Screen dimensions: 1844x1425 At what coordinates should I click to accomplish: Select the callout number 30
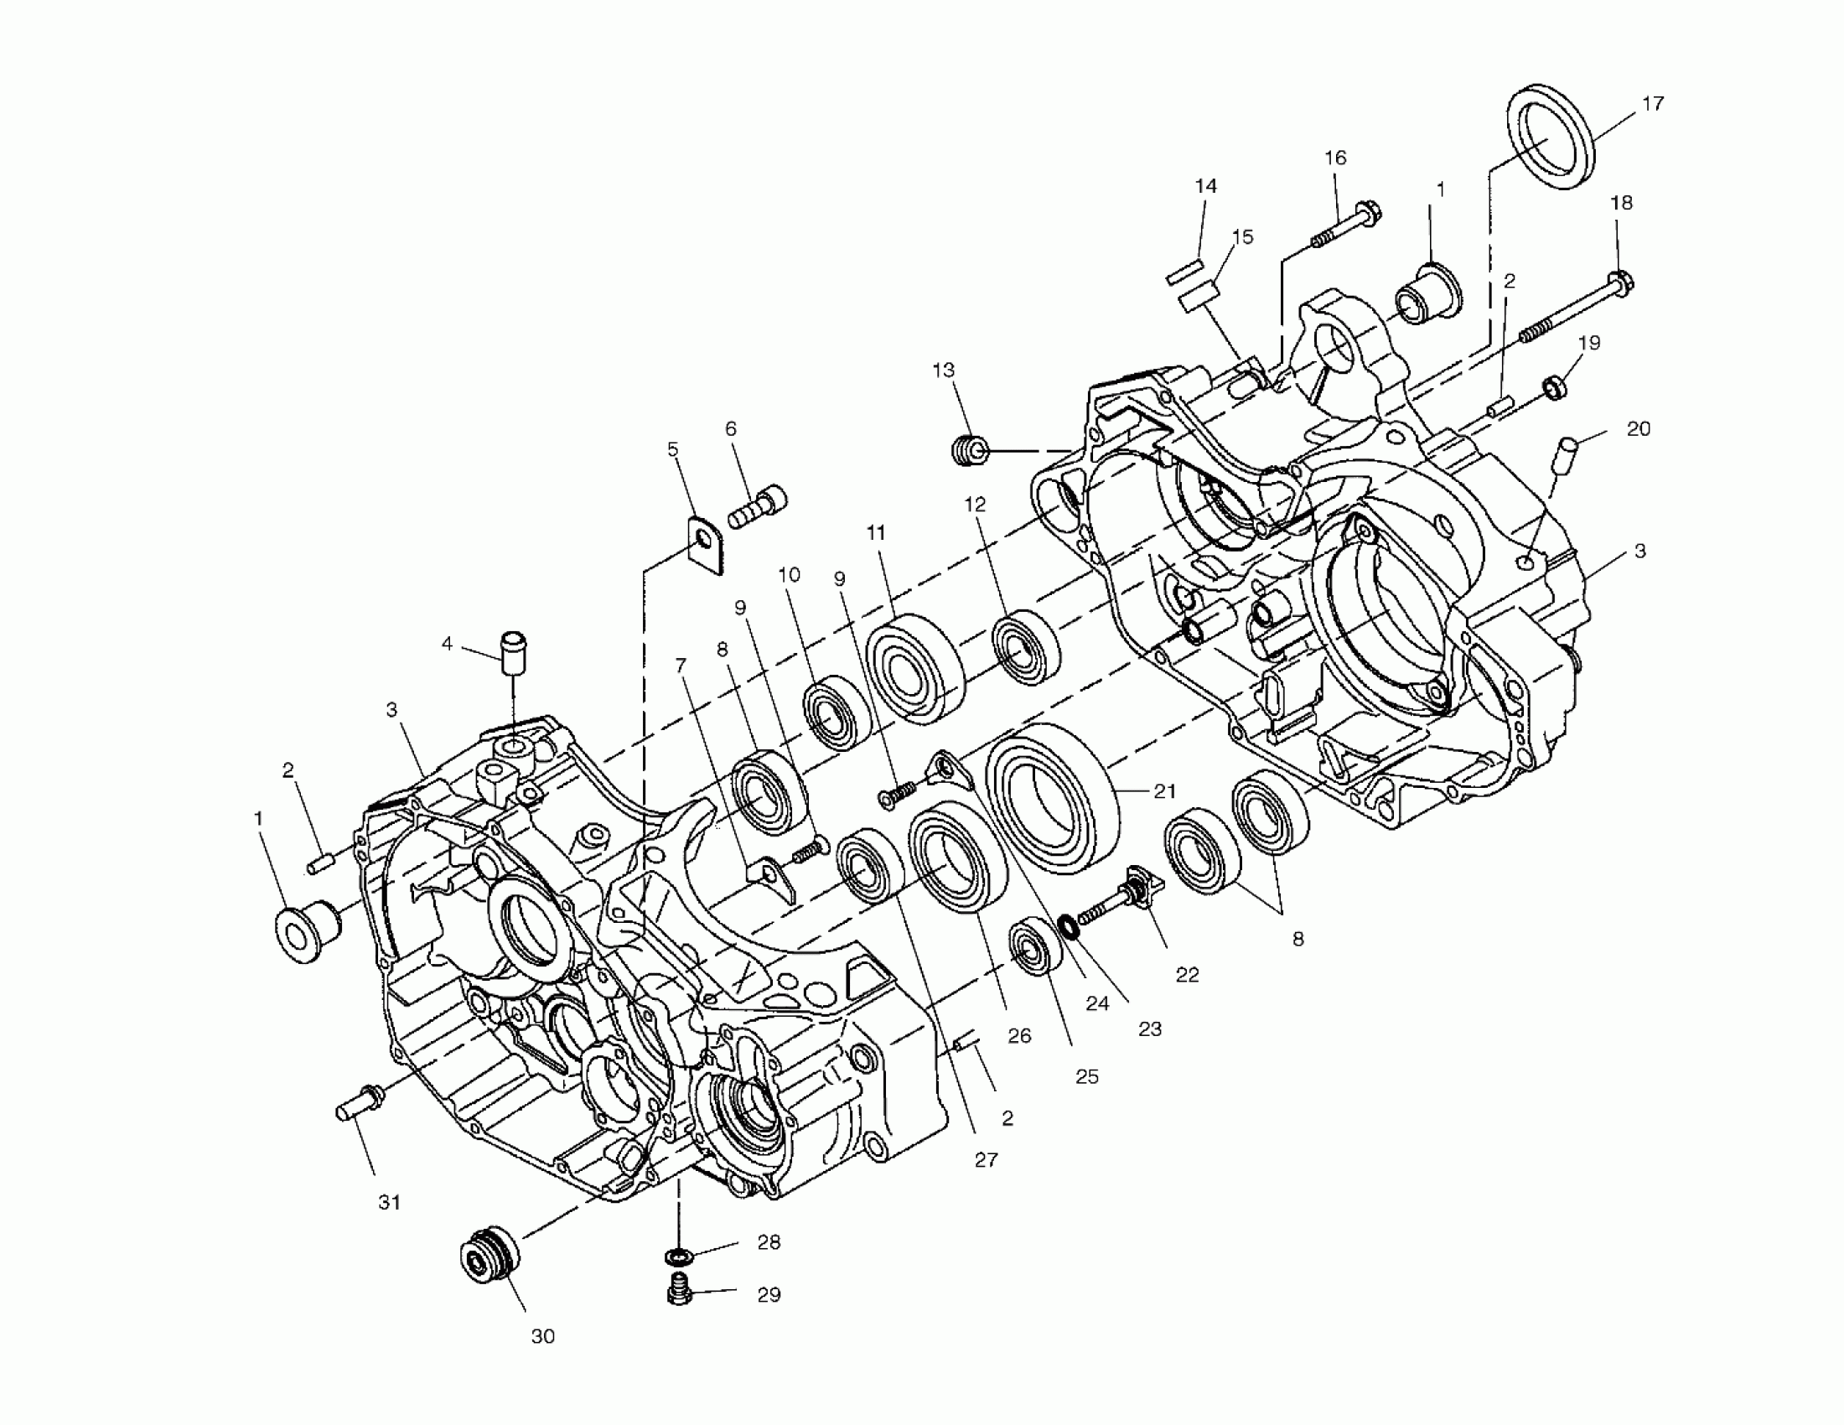tap(543, 1336)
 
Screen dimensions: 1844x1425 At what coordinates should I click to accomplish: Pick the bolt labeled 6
tap(757, 505)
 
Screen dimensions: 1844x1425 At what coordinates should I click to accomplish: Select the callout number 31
tap(389, 1202)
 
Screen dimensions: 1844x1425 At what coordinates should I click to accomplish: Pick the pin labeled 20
tap(1562, 457)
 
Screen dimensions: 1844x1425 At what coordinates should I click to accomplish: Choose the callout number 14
tap(1205, 186)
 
